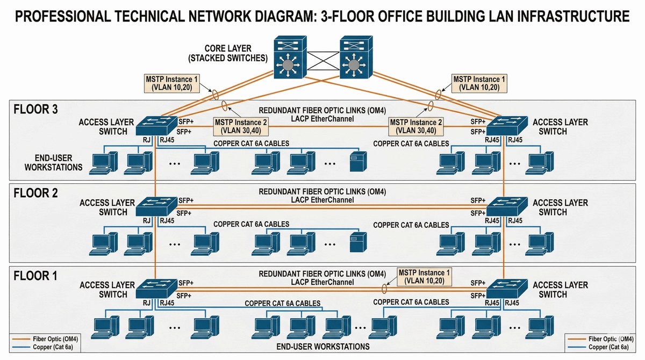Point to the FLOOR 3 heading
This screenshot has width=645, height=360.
[35, 110]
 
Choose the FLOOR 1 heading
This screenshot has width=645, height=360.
[35, 276]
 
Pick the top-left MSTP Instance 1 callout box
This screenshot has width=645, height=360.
[171, 83]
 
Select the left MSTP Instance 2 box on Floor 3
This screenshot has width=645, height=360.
[241, 126]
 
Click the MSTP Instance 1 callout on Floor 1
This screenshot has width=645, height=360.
[425, 276]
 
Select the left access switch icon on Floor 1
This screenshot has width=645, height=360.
[156, 289]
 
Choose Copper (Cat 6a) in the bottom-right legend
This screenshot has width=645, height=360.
[610, 348]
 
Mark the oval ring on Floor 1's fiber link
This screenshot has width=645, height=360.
[384, 289]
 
